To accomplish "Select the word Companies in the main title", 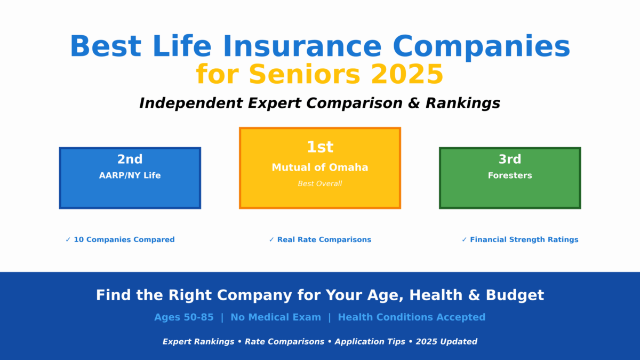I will coord(482,46).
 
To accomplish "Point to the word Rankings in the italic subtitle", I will coord(462,103).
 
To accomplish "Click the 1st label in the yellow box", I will coord(320,147).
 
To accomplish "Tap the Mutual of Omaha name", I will coord(320,167).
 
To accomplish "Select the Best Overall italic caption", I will coord(320,184).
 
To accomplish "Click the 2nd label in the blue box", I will coord(130,159).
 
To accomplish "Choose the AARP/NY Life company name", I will coord(130,175).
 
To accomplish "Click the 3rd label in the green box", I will coord(510,159).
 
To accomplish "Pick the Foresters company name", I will coord(510,175).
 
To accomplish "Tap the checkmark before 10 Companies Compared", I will coord(68,240).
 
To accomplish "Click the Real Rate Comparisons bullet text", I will coord(324,240).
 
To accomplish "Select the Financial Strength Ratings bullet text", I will coord(524,240).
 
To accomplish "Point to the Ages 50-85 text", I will coord(184,317).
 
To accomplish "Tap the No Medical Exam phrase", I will coord(276,317).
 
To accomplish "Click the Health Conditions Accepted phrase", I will coord(412,317).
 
